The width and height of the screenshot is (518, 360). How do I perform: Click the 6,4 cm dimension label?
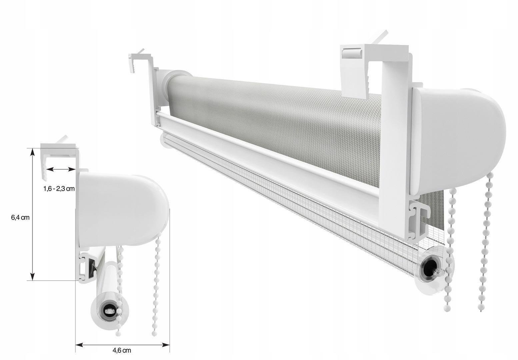(20, 218)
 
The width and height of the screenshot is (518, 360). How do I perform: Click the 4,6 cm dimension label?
(122, 350)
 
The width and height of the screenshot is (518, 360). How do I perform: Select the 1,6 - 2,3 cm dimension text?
(59, 189)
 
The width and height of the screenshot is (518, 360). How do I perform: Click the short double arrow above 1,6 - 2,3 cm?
(61, 169)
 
